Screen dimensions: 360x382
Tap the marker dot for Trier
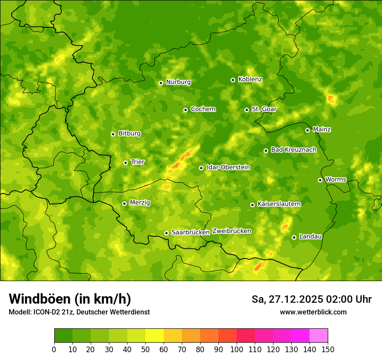(x=125, y=163)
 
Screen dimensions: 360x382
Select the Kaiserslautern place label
(x=279, y=204)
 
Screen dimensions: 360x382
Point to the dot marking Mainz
(x=307, y=130)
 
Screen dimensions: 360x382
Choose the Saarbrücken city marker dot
(x=166, y=233)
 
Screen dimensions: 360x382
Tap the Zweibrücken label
(x=231, y=231)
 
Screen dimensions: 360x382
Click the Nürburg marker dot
(x=161, y=82)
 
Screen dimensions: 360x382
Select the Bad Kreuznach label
(x=293, y=150)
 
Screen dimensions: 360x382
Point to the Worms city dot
(x=320, y=180)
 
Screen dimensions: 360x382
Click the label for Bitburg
(x=129, y=134)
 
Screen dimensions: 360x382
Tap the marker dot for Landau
(x=294, y=237)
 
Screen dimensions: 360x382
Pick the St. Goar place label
(x=264, y=109)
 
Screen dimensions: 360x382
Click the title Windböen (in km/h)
(x=70, y=299)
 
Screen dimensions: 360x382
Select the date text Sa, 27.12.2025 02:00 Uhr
(x=311, y=299)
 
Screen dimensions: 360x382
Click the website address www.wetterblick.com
(x=313, y=312)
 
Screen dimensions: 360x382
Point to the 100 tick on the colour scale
(x=237, y=349)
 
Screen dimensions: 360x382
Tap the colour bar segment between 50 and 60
(x=155, y=336)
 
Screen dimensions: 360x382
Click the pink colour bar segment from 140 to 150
(x=319, y=336)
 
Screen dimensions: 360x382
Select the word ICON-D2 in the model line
(x=45, y=312)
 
